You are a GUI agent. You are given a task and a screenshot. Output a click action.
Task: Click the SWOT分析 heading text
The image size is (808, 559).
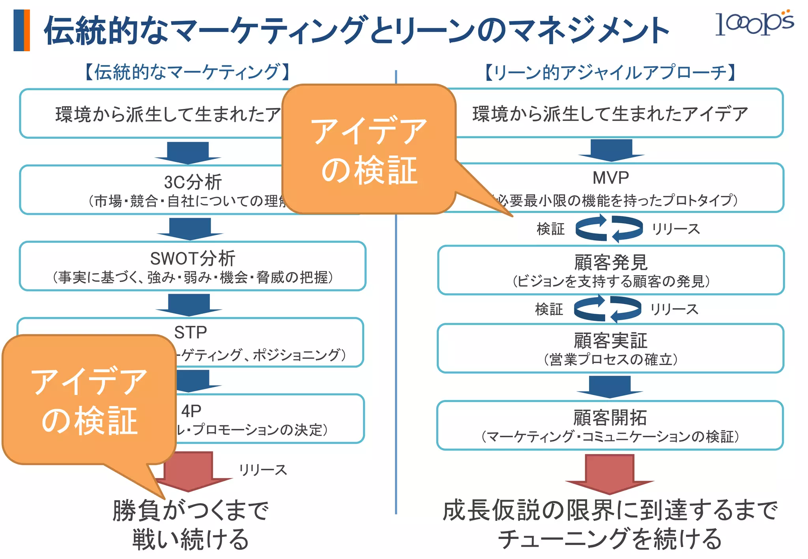[193, 259]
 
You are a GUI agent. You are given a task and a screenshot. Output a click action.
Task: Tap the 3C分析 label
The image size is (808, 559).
[193, 182]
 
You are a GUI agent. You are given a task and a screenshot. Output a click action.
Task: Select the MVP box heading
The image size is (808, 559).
[610, 178]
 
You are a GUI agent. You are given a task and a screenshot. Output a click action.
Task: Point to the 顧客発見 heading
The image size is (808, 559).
[610, 262]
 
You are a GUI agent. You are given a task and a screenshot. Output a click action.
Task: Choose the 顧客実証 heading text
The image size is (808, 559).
[610, 341]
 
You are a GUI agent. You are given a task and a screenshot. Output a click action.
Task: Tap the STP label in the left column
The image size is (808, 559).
[191, 332]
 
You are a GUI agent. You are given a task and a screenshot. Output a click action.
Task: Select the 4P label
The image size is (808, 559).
[191, 411]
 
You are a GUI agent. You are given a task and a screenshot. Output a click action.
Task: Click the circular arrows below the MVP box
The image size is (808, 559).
[609, 228]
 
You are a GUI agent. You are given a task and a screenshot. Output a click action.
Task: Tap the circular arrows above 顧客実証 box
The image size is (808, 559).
[608, 309]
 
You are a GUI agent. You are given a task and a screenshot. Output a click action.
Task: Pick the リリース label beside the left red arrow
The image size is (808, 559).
[263, 470]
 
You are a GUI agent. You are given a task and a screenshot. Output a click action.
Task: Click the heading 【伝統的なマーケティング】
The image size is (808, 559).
[187, 72]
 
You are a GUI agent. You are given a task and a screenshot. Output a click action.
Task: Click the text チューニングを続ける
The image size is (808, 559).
[610, 539]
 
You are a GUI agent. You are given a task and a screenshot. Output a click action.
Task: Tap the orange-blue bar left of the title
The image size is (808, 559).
[21, 30]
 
